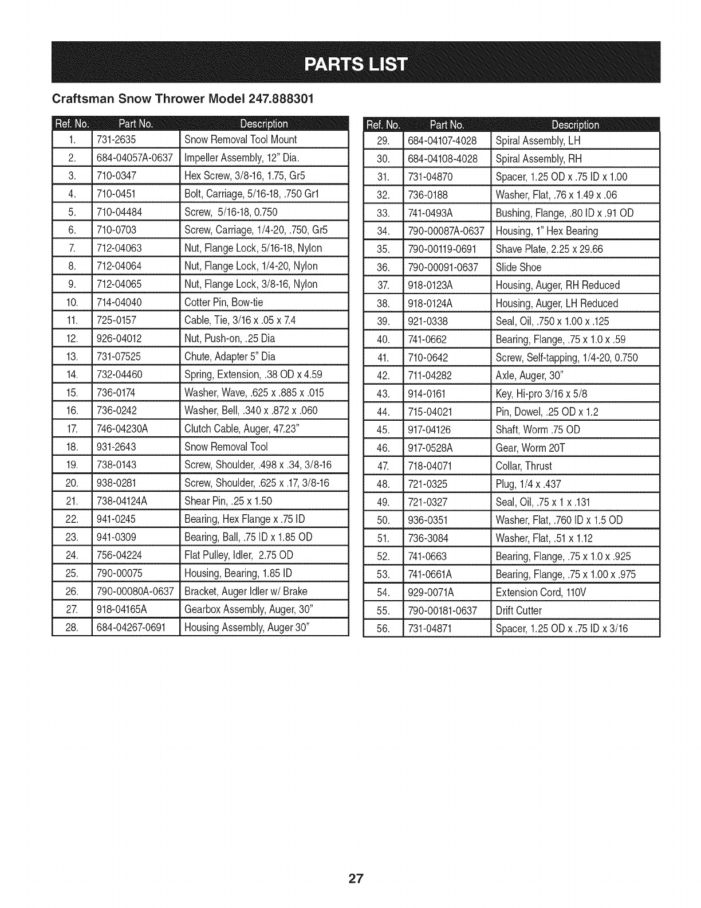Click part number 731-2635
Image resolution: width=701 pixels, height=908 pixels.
[x=116, y=139]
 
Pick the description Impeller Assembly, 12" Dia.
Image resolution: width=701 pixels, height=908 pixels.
[x=242, y=158]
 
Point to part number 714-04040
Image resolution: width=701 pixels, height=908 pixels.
[x=120, y=302]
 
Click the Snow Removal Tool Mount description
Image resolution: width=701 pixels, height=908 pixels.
[x=241, y=139]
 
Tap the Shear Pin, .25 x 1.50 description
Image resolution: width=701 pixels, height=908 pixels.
[x=228, y=501]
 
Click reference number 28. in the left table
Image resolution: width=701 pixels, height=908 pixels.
[x=72, y=628]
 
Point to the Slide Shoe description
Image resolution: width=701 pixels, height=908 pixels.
[x=518, y=267]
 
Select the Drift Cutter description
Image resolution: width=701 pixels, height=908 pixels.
[x=519, y=610]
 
